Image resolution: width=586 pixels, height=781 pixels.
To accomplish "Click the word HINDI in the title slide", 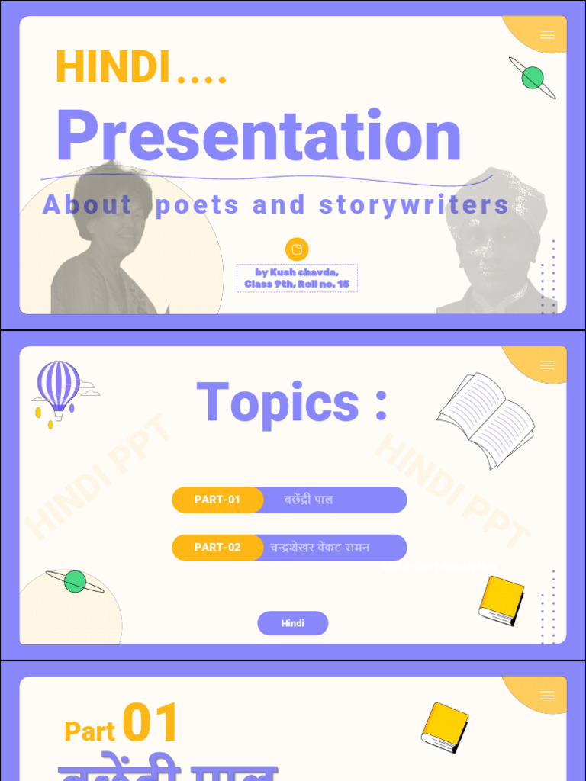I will tap(112, 67).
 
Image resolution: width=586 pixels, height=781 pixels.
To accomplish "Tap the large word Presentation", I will tap(259, 137).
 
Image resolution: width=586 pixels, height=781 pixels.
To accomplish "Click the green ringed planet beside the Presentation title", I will tap(533, 77).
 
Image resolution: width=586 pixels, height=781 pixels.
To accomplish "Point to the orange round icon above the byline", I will tap(297, 249).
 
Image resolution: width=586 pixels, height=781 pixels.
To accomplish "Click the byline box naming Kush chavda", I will tap(297, 278).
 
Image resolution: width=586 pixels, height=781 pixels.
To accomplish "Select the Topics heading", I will tap(292, 402).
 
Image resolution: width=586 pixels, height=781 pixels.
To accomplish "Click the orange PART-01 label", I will tap(217, 500).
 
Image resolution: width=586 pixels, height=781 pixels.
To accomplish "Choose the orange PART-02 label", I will tap(217, 547).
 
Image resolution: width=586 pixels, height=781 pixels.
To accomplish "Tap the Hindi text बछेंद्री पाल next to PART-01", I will tap(308, 500).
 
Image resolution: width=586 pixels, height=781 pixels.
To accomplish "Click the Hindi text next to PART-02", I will tap(320, 547).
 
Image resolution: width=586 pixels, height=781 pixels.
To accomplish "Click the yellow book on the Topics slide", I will tap(501, 600).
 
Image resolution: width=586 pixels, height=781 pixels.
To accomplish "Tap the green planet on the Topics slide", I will tap(75, 581).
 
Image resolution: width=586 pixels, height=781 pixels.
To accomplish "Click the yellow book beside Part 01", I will tap(445, 727).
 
